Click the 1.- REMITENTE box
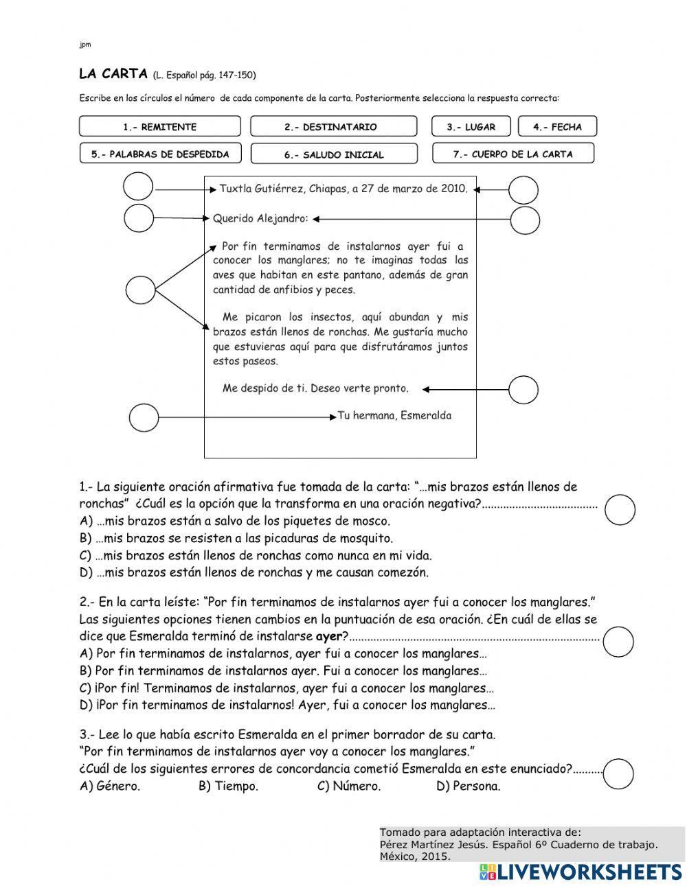(160, 127)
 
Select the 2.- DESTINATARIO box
(333, 127)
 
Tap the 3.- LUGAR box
(472, 127)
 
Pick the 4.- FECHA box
(556, 127)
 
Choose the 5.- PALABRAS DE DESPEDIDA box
(160, 154)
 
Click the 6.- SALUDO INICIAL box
(333, 155)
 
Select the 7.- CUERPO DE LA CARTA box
(513, 154)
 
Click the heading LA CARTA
(113, 74)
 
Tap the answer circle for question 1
(620, 510)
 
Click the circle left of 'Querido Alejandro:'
(139, 218)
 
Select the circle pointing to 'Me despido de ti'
(523, 390)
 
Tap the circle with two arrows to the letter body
(141, 290)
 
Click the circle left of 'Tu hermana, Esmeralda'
(144, 417)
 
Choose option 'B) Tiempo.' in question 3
(228, 786)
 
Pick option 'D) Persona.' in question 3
(468, 786)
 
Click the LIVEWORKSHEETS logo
(581, 872)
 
